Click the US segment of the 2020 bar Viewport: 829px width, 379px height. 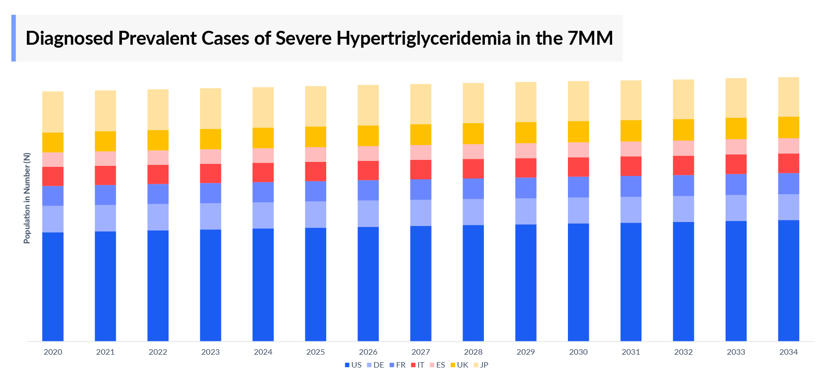click(53, 287)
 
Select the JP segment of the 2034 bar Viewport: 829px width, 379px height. click(788, 97)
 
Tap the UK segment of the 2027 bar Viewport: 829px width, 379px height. click(421, 135)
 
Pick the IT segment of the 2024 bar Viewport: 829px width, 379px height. click(263, 172)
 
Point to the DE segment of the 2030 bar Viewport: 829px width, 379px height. click(578, 211)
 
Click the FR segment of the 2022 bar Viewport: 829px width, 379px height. click(158, 194)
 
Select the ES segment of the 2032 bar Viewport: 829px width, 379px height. click(683, 148)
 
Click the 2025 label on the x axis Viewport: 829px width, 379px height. click(315, 352)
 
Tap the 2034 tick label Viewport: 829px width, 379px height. click(788, 352)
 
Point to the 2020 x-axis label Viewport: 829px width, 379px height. click(53, 352)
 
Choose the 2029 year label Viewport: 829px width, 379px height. click(526, 352)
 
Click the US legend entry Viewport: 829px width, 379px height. click(353, 365)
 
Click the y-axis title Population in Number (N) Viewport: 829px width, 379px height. click(27, 198)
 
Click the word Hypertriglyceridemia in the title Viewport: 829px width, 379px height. click(424, 38)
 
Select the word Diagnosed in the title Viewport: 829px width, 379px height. click(69, 38)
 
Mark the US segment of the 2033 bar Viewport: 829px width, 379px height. click(736, 281)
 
